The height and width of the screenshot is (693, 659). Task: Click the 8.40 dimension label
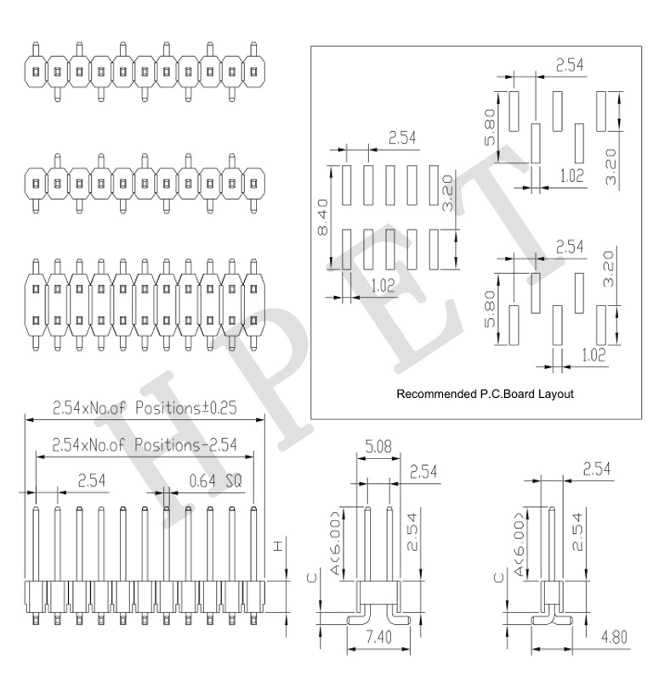(x=323, y=217)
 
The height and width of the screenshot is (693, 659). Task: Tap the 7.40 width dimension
(x=379, y=637)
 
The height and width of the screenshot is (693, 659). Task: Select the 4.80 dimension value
(x=615, y=637)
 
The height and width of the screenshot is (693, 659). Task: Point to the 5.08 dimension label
(x=378, y=446)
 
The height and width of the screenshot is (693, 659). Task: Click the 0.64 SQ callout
(x=216, y=480)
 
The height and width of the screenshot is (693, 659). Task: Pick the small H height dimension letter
(x=277, y=546)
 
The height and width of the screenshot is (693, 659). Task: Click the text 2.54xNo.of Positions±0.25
(x=145, y=407)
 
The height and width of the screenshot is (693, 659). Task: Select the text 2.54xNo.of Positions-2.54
(x=145, y=444)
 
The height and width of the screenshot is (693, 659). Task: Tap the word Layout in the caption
(x=555, y=394)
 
